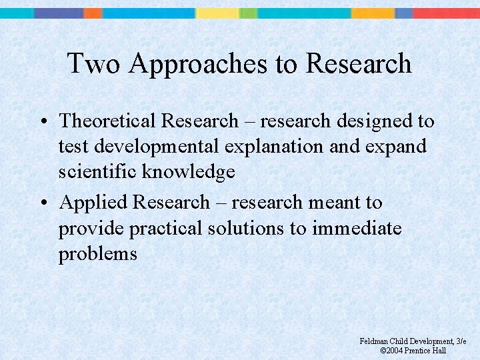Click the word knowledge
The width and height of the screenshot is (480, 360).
[x=193, y=172]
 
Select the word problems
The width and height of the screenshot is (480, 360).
[x=97, y=254]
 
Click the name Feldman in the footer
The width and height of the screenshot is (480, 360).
[x=375, y=341]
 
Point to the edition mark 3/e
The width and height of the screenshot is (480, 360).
[x=460, y=341]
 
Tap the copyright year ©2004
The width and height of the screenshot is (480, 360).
[x=392, y=351]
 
